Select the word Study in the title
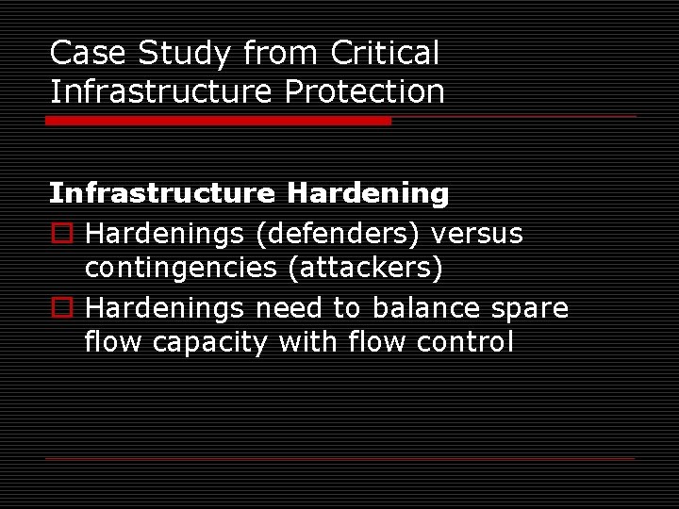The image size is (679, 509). (x=184, y=54)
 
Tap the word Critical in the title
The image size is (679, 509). (x=385, y=54)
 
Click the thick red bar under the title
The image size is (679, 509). (x=218, y=121)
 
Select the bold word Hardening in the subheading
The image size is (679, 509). (x=368, y=194)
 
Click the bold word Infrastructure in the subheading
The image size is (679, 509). (x=161, y=194)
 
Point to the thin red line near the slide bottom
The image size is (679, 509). (x=339, y=458)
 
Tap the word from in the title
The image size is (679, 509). (x=280, y=54)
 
